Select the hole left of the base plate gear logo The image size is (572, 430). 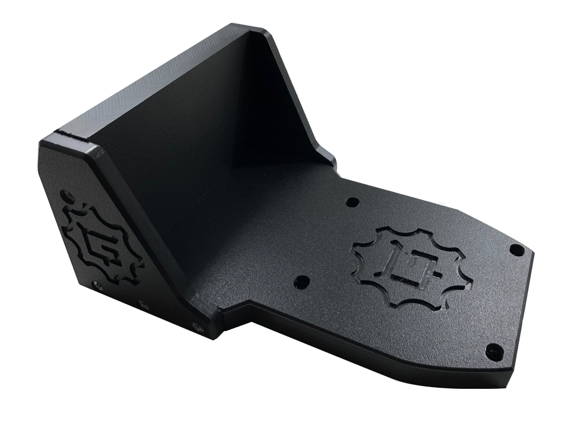pos(301,282)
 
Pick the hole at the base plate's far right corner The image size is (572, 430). pos(517,249)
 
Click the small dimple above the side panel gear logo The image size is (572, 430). pos(70,194)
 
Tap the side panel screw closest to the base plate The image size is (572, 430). pos(198,327)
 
